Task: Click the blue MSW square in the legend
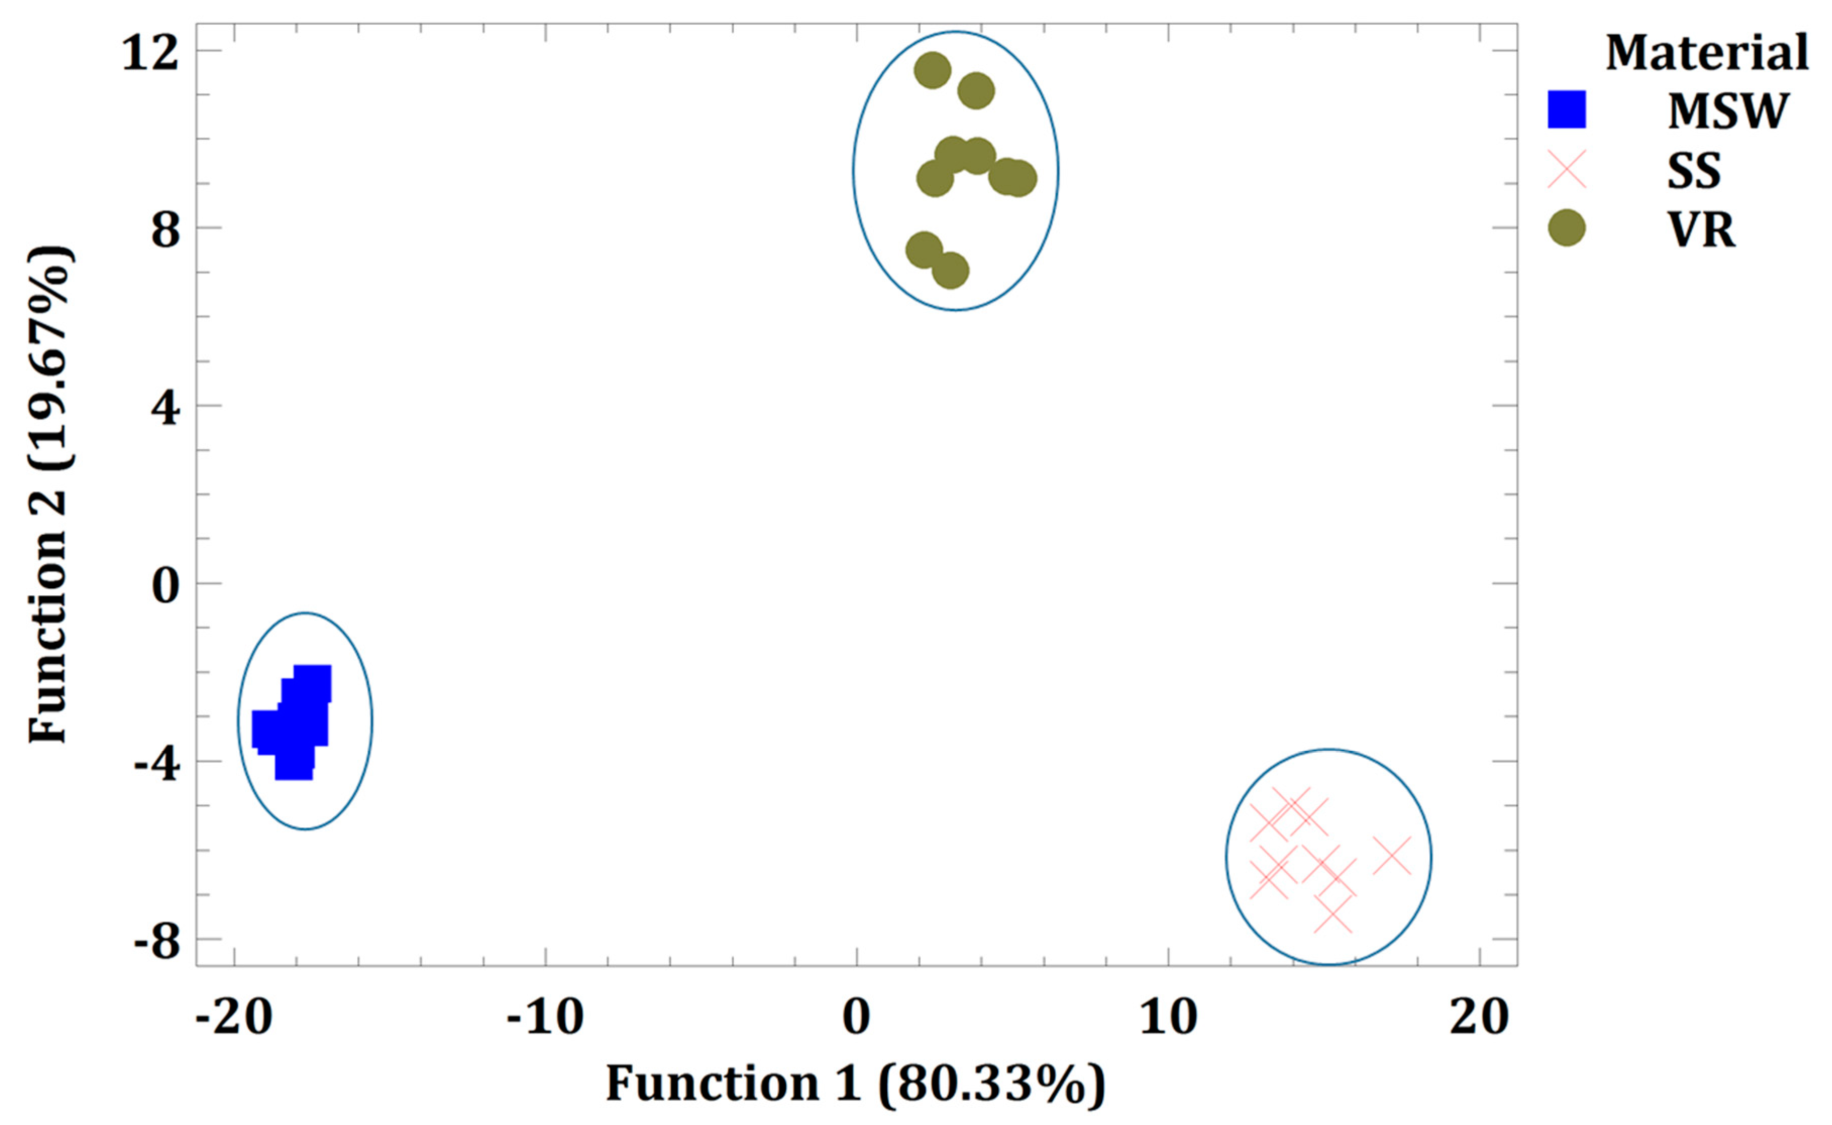(1567, 109)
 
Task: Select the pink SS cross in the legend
(1567, 170)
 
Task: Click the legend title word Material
(1706, 53)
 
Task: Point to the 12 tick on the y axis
(151, 53)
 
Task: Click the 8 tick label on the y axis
(165, 230)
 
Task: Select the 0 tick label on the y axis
(165, 586)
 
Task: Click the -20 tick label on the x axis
(234, 1017)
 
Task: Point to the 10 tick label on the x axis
(1168, 1017)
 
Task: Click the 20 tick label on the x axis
(1479, 1017)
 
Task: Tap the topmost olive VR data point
(932, 71)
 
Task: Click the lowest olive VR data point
(950, 271)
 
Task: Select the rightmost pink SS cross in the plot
(1391, 856)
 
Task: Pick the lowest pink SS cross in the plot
(1333, 914)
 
